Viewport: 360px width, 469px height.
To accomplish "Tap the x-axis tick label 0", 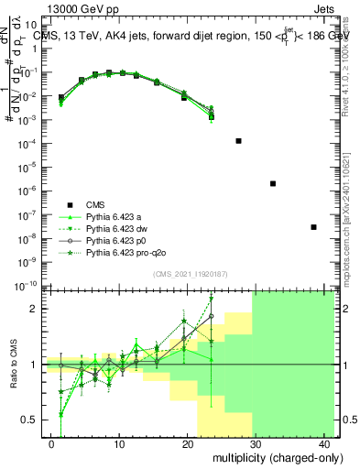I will [51, 442].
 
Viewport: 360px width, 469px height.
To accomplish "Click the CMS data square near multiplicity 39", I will [313, 226].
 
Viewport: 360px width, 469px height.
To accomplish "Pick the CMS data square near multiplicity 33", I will [273, 183].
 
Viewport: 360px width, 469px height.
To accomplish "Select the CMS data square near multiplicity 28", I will [238, 141].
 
